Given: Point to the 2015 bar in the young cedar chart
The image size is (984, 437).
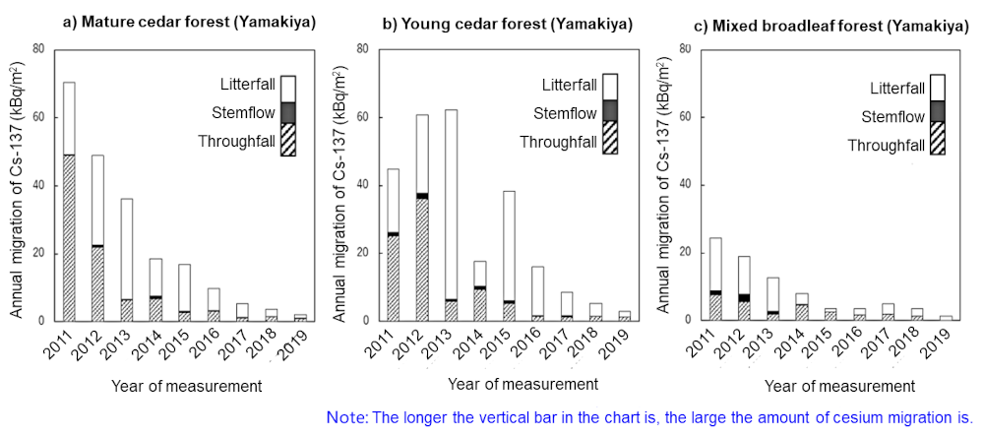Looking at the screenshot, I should click(509, 255).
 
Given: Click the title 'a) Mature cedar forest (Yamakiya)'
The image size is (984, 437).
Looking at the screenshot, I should click(190, 21).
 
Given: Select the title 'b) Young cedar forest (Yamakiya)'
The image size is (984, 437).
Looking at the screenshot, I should click(507, 21).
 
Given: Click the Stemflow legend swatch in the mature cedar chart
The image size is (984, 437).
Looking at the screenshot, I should click(288, 112).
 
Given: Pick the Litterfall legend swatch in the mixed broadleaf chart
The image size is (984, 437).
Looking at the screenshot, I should click(937, 88).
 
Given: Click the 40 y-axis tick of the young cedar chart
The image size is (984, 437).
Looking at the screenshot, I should click(363, 185).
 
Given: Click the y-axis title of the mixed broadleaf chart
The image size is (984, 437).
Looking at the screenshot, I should click(669, 187).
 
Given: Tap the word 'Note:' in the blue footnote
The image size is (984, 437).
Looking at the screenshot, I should click(345, 417).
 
